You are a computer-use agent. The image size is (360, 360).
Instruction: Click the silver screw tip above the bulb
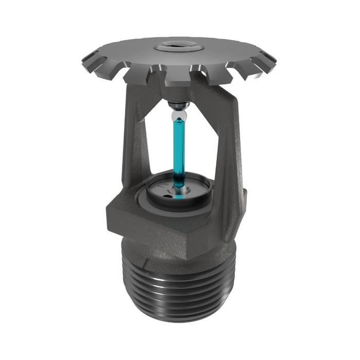[177, 105]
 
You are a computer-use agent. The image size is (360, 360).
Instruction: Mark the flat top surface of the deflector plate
[216, 51]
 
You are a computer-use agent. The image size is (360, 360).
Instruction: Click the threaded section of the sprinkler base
[180, 288]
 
